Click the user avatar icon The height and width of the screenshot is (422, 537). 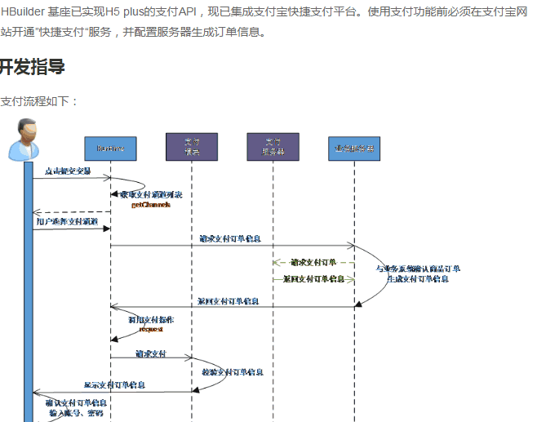click(x=24, y=140)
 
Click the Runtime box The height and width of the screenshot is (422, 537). click(x=110, y=148)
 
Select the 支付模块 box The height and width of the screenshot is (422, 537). click(x=192, y=147)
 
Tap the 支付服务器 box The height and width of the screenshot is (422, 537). click(x=273, y=147)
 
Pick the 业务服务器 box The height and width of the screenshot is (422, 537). click(x=354, y=148)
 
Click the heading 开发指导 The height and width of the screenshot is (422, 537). click(x=33, y=68)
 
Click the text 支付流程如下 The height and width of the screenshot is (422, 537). click(x=39, y=101)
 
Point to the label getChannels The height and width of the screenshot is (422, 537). click(x=150, y=205)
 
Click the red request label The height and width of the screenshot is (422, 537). click(x=151, y=329)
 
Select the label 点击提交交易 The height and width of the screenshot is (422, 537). click(x=68, y=171)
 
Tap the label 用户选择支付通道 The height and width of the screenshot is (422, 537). click(x=67, y=221)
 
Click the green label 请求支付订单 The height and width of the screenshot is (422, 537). click(x=313, y=262)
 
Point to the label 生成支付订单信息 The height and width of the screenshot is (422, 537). click(x=417, y=278)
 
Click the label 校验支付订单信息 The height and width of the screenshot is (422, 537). click(x=232, y=372)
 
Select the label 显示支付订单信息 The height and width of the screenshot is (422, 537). click(x=114, y=385)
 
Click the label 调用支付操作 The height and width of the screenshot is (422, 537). click(x=150, y=320)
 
